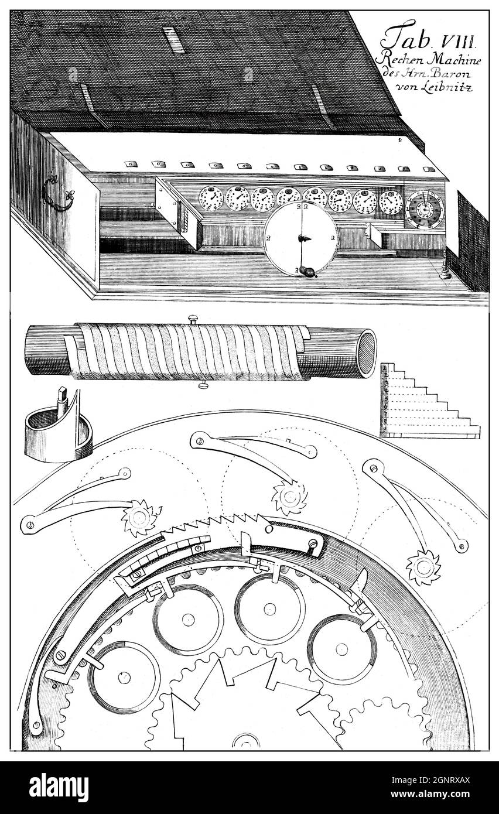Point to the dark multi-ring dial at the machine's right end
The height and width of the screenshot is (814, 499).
coord(423,208)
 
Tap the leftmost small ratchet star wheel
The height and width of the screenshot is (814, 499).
coord(139,517)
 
